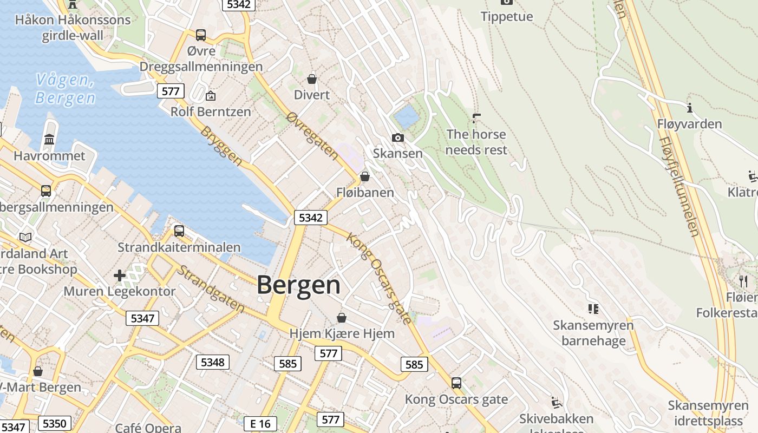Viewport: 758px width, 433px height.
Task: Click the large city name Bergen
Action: tap(298, 285)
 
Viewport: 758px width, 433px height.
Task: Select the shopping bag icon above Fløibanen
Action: tap(365, 176)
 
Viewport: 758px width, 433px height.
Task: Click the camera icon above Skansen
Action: tap(398, 138)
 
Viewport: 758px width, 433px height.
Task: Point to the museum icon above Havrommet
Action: tap(49, 140)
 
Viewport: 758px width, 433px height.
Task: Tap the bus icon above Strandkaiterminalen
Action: tap(179, 231)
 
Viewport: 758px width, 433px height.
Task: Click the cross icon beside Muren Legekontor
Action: tap(120, 275)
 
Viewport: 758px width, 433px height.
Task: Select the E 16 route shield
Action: tap(260, 423)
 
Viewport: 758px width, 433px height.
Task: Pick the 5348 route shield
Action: tap(212, 362)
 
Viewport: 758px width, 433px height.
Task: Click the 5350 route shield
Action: tap(55, 423)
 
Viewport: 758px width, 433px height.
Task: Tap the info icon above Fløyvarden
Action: tap(690, 107)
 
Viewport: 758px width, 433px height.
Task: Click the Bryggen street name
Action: tap(221, 146)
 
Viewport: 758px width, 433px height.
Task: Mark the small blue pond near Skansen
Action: tap(407, 116)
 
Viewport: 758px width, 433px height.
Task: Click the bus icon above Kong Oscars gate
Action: tap(456, 383)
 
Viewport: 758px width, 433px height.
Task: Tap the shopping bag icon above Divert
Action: tap(312, 79)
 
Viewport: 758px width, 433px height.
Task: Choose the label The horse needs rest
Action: tap(476, 142)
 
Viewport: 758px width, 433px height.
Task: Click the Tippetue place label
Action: tap(507, 16)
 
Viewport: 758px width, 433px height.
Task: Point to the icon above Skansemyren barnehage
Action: tap(593, 309)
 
